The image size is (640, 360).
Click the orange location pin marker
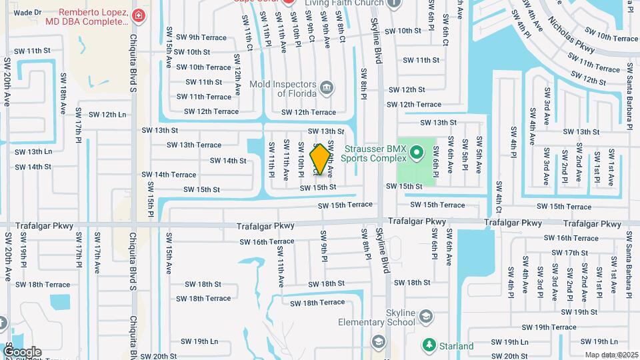coord(321,159)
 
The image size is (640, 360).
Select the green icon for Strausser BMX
coord(417,153)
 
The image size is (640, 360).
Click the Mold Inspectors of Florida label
coord(283,88)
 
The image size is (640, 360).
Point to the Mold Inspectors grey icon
coord(327,87)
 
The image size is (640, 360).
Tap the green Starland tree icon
coord(429,345)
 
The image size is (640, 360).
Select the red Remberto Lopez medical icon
coord(138,15)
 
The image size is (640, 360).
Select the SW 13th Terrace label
coord(194,145)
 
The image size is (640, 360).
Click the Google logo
coord(22,351)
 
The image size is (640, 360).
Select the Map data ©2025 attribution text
coord(611,355)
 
